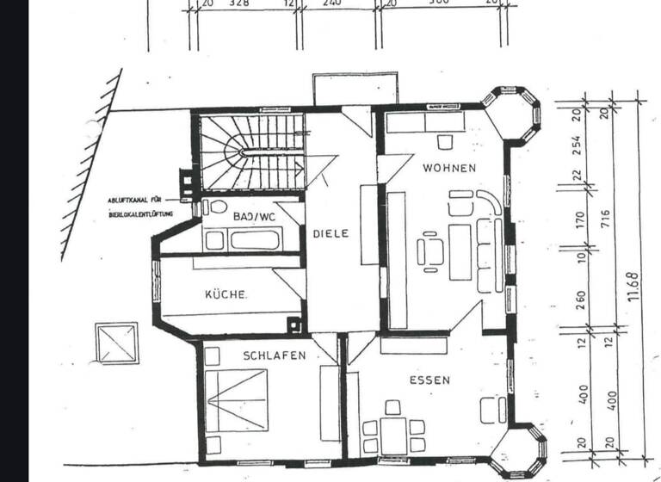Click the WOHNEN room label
pyautogui.click(x=448, y=169)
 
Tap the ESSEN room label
pyautogui.click(x=429, y=380)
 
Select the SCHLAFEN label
pyautogui.click(x=274, y=355)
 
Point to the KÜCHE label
pyautogui.click(x=226, y=294)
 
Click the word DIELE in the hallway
pyautogui.click(x=330, y=233)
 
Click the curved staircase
pyautogui.click(x=250, y=152)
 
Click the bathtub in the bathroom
pyautogui.click(x=254, y=239)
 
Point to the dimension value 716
pyautogui.click(x=606, y=215)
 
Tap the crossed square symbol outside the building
pyautogui.click(x=116, y=343)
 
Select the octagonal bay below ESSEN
pyautogui.click(x=519, y=453)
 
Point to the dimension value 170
pyautogui.click(x=579, y=220)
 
